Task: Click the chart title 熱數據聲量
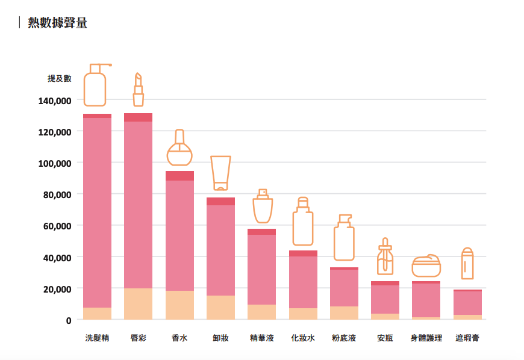coord(57,23)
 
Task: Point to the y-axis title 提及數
coord(60,78)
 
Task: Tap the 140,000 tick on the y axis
coord(55,101)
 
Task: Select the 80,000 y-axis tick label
coord(57,194)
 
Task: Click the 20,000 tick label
coord(57,288)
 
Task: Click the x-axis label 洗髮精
coord(97,338)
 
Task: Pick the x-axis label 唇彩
coord(138,338)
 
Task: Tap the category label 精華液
coord(261,338)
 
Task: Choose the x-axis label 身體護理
coord(426,338)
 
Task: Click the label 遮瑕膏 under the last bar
coord(467,338)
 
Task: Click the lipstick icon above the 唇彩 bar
coord(138,89)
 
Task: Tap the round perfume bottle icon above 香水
coord(179,148)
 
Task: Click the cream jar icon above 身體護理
coord(426,265)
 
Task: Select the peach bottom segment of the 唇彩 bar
coord(138,304)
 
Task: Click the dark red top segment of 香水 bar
coord(179,176)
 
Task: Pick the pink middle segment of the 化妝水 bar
coord(303,282)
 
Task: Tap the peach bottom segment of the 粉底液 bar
coord(344,313)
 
